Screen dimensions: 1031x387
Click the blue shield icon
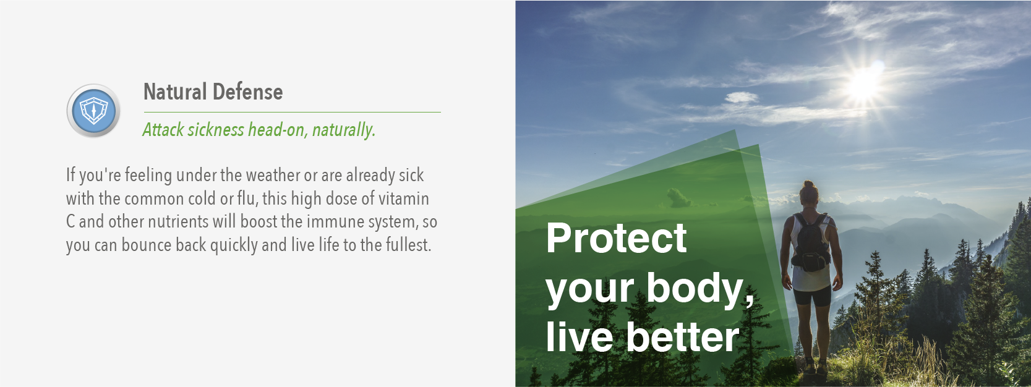[x=93, y=111]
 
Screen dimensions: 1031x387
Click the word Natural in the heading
[x=175, y=91]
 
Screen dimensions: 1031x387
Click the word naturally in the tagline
[x=344, y=130]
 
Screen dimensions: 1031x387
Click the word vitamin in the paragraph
[x=404, y=198]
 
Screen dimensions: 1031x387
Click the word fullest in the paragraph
[x=408, y=245]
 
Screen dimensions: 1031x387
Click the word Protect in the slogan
[x=616, y=239]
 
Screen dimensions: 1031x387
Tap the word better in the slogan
[x=683, y=337]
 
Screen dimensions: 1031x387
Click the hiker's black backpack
[x=811, y=242]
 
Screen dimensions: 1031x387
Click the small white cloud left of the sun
[x=742, y=97]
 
